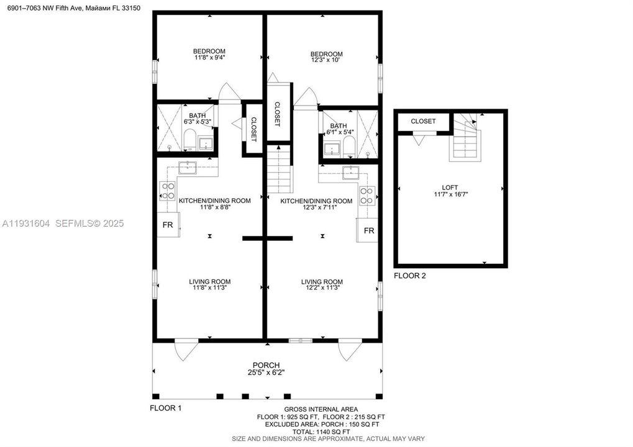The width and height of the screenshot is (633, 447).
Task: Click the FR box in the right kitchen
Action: click(x=369, y=230)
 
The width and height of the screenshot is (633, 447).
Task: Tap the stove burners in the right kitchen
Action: click(x=367, y=196)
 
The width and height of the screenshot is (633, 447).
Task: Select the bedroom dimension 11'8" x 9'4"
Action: click(x=209, y=58)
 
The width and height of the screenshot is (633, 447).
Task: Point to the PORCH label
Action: click(x=266, y=365)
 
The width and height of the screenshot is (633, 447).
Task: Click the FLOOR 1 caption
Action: click(x=166, y=409)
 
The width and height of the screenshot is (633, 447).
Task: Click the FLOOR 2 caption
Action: click(x=410, y=276)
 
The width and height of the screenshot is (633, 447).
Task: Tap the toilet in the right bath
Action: click(x=348, y=147)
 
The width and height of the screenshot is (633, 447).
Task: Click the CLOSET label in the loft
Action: click(x=423, y=122)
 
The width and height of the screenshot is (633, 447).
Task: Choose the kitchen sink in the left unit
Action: click(x=186, y=167)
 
